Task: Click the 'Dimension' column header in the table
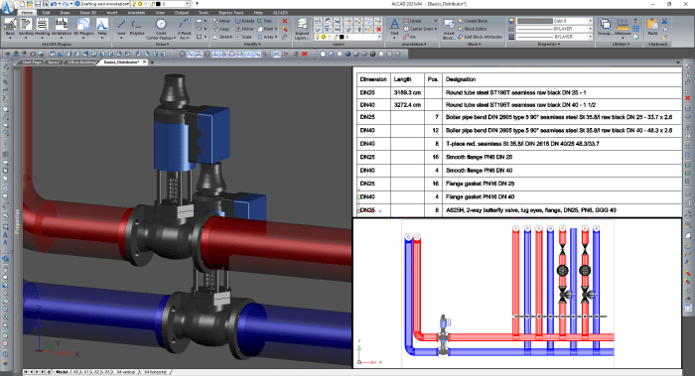[373, 78]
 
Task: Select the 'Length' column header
[403, 78]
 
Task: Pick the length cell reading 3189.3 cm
[408, 91]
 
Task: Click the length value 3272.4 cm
[408, 104]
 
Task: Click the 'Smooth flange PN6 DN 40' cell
[485, 171]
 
